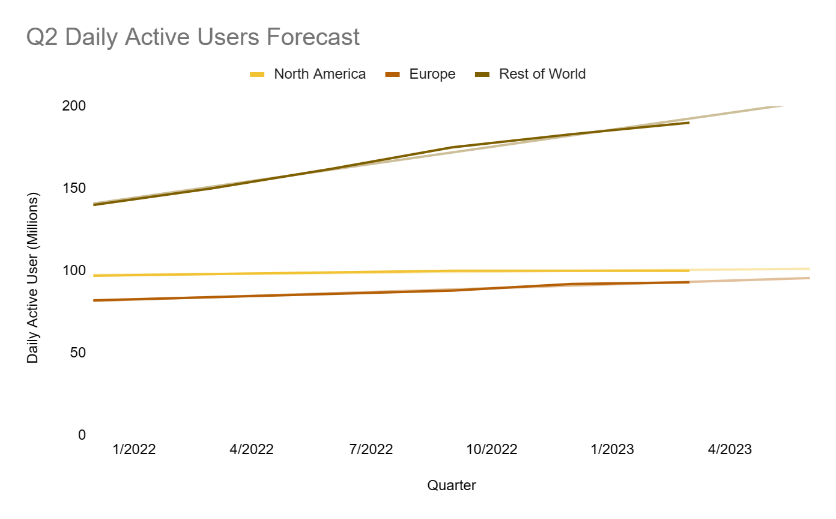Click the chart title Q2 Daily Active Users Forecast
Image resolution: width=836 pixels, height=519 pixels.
(193, 37)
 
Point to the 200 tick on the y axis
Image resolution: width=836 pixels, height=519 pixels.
(74, 106)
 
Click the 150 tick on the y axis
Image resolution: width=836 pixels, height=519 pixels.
(74, 188)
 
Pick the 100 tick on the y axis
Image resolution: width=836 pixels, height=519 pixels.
(74, 270)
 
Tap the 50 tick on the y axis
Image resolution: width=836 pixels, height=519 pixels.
(78, 353)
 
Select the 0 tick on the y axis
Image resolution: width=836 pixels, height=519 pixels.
(82, 435)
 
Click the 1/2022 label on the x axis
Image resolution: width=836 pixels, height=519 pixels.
(135, 449)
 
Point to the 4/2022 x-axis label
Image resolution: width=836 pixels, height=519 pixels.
(252, 449)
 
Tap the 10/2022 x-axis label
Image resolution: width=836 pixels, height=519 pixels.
(492, 449)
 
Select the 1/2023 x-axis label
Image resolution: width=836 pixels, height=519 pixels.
(613, 449)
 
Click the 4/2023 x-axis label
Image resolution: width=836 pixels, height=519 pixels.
(730, 449)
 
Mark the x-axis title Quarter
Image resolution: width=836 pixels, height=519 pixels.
(452, 485)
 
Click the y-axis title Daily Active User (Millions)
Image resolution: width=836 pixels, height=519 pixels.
(33, 278)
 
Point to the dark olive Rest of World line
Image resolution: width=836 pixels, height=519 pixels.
(336, 169)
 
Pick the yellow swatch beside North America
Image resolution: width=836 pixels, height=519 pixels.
(257, 74)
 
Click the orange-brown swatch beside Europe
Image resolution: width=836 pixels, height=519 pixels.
(392, 74)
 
